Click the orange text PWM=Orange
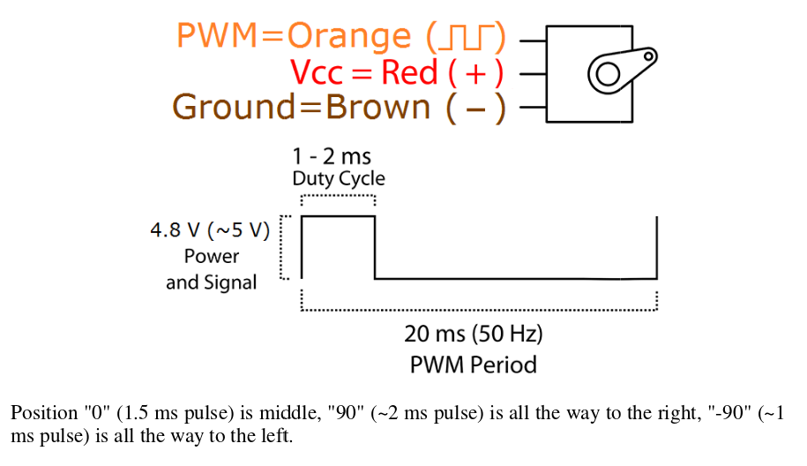pyautogui.click(x=294, y=36)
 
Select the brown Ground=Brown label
pyautogui.click(x=301, y=107)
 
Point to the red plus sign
pyautogui.click(x=477, y=72)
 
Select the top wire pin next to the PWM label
pyautogui.click(x=533, y=40)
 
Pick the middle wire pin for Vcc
pyautogui.click(x=533, y=74)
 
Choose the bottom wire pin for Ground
pyautogui.click(x=533, y=109)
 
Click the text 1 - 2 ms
pyautogui.click(x=332, y=159)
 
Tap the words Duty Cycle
pyautogui.click(x=339, y=178)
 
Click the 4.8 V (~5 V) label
pyautogui.click(x=210, y=231)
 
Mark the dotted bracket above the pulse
pyautogui.click(x=339, y=197)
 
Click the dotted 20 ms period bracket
pyautogui.click(x=479, y=310)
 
